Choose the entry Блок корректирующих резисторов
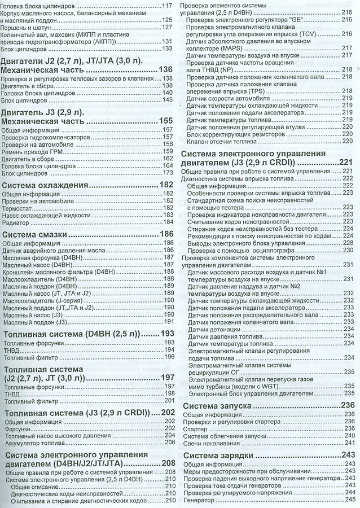(x=231, y=133)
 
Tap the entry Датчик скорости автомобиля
(x=225, y=99)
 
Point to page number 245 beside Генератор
(x=349, y=500)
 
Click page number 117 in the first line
(x=166, y=5)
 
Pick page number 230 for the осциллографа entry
(x=348, y=249)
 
